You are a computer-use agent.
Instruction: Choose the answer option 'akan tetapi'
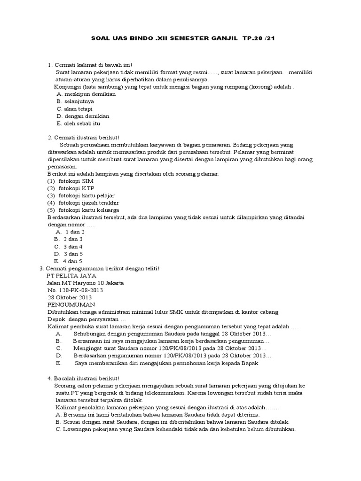[78, 109]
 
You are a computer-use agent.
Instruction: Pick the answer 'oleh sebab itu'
[82, 124]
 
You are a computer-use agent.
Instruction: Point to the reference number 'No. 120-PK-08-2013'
[75, 290]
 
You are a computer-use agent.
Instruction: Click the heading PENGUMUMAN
[70, 304]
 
